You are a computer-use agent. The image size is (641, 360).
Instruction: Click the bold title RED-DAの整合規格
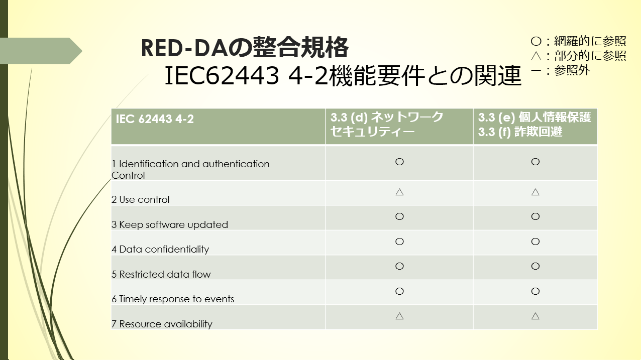(245, 47)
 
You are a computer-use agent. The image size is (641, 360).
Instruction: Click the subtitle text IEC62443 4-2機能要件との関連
(343, 76)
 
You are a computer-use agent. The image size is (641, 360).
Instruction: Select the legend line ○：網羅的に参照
(578, 41)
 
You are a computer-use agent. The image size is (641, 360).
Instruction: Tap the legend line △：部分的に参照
(578, 56)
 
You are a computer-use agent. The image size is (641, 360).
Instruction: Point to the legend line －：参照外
(560, 70)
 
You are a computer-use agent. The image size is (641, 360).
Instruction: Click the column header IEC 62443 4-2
(155, 119)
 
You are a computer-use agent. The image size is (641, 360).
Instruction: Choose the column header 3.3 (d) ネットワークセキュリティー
(387, 125)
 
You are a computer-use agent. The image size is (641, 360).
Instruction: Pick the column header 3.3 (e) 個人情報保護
(535, 117)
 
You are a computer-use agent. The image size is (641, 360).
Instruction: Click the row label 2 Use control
(141, 200)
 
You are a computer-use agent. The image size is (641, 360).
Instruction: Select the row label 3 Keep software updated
(170, 225)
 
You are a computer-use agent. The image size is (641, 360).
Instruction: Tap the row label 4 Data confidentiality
(160, 250)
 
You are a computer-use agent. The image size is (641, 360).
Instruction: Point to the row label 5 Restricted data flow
(161, 274)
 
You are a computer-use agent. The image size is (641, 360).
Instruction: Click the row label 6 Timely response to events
(173, 299)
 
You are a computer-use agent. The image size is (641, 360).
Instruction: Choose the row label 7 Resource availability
(162, 324)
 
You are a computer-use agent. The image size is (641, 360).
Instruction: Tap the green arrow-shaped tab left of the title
(41, 51)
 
